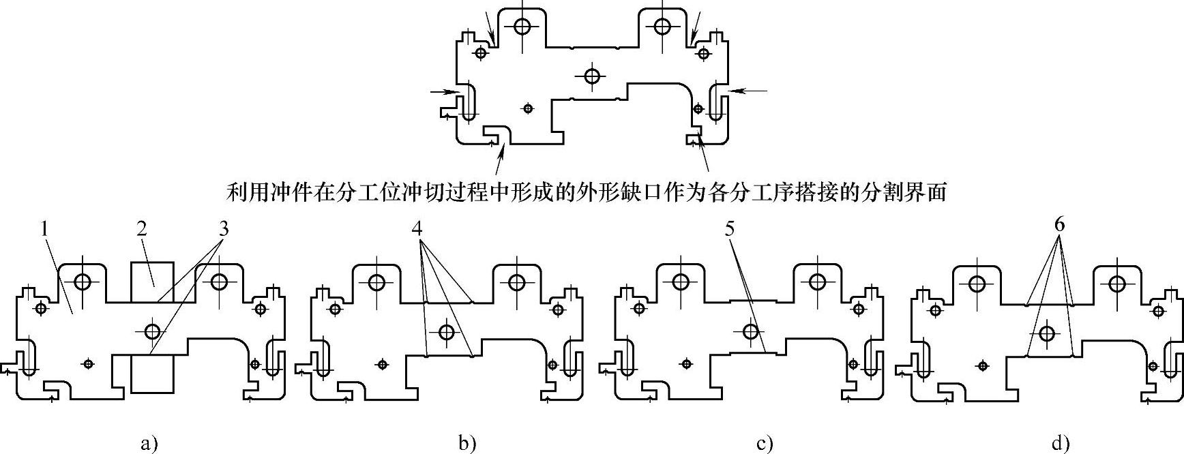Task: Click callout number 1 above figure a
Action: click(x=45, y=228)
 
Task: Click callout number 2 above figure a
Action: click(x=142, y=228)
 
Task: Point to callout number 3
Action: click(x=223, y=228)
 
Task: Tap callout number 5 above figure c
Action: click(x=730, y=228)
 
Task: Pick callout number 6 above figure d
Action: click(x=1059, y=224)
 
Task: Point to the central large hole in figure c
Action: click(x=751, y=332)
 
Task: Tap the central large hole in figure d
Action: click(x=1046, y=333)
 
